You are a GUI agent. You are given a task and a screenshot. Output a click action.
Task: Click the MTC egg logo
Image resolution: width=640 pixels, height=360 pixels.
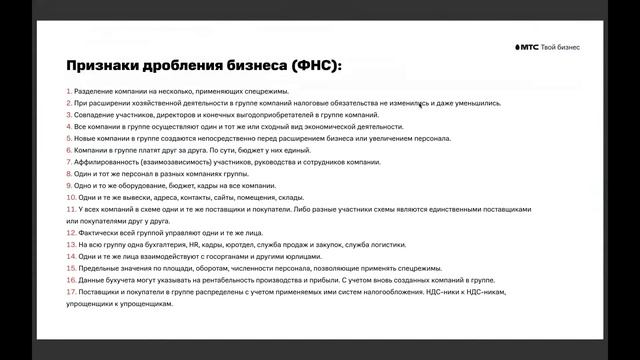(520, 47)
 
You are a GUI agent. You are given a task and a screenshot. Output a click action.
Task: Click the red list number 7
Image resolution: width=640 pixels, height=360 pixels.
(69, 162)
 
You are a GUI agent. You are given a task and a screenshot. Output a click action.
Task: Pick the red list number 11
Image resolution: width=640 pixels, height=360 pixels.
(70, 209)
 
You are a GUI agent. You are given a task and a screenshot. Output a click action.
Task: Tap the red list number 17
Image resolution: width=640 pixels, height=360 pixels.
(71, 291)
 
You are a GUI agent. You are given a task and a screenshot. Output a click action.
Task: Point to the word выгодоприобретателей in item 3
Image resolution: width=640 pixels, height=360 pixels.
(286, 115)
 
